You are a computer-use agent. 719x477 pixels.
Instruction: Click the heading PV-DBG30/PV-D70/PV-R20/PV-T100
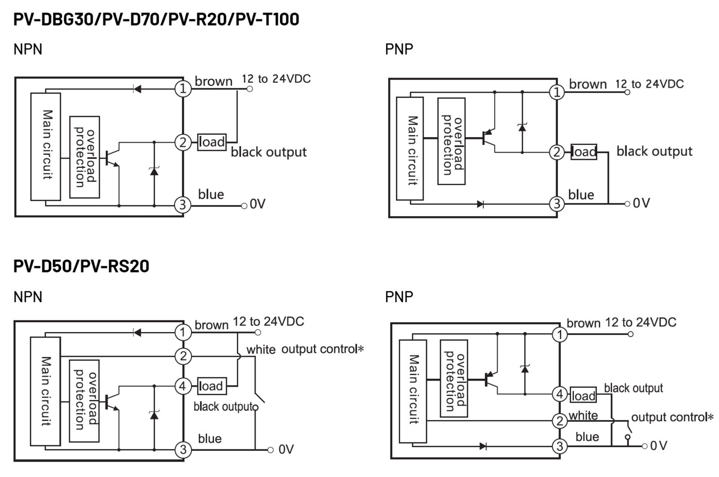156,20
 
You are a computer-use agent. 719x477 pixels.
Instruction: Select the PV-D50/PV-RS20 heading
81,266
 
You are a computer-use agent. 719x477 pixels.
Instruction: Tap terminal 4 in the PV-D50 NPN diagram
183,386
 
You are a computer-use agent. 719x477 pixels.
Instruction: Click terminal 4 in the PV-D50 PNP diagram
559,394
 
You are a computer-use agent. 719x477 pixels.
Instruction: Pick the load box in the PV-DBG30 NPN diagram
212,142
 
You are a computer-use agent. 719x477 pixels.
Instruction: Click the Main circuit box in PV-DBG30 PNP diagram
410,149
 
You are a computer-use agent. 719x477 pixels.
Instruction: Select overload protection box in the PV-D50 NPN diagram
84,401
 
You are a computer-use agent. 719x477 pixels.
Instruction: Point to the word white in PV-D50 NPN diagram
261,349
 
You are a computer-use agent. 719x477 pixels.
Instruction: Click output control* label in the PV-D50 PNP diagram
672,417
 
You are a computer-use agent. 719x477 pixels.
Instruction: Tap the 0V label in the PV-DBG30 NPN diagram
257,204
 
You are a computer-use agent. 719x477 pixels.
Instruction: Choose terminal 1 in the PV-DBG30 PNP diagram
557,92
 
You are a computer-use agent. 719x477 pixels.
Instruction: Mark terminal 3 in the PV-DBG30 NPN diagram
183,205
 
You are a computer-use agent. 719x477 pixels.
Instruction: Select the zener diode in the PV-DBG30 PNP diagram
522,127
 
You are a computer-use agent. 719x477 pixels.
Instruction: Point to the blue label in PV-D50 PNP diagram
587,437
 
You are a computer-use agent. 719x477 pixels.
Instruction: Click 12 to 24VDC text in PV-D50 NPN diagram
268,322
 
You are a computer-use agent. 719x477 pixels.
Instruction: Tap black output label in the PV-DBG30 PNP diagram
654,151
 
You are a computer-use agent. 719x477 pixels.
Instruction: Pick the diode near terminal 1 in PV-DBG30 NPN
137,89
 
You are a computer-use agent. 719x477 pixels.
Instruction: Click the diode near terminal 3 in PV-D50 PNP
483,446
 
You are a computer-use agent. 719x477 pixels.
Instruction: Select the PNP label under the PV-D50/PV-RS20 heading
399,296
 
